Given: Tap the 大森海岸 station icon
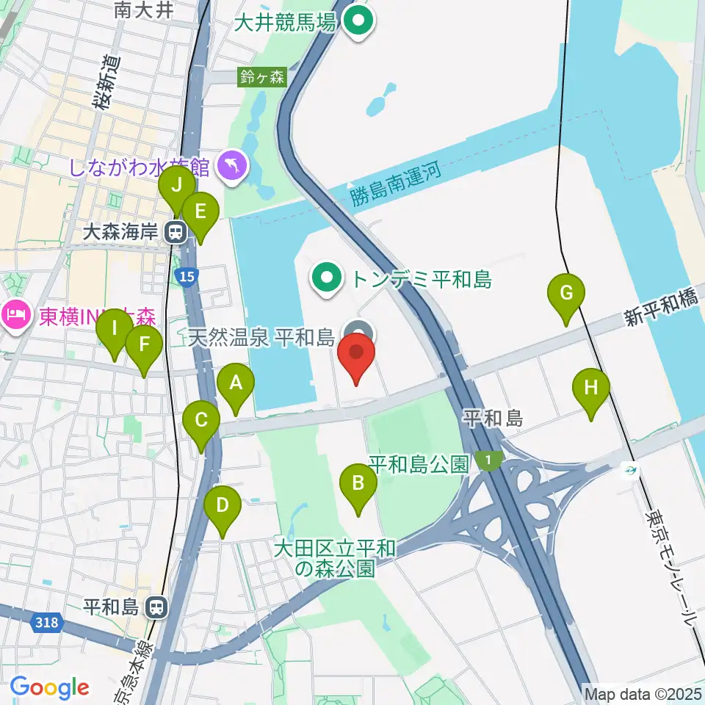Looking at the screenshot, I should click(x=175, y=233).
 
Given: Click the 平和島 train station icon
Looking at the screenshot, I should click(x=155, y=607).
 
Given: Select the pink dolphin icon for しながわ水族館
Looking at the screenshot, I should click(x=233, y=167).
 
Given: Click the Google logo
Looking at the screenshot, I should click(x=50, y=687).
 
